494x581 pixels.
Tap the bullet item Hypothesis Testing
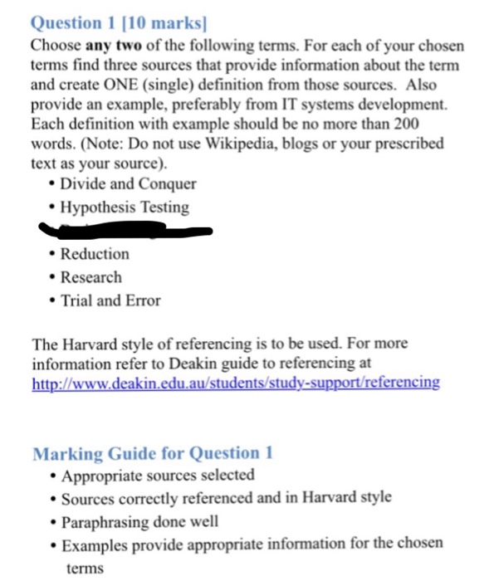tap(125, 207)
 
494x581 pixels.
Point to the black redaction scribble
tap(125, 227)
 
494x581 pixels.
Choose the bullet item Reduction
tap(95, 254)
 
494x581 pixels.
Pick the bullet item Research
tap(90, 277)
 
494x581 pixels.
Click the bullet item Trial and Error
tap(110, 300)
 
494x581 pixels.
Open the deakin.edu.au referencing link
tap(235, 383)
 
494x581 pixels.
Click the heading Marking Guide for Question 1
tap(153, 453)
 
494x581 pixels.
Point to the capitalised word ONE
tap(121, 85)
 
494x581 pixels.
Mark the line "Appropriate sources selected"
tap(158, 476)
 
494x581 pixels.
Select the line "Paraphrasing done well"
tap(140, 521)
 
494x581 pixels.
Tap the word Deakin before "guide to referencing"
tap(193, 364)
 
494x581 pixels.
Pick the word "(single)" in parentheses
tap(169, 85)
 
